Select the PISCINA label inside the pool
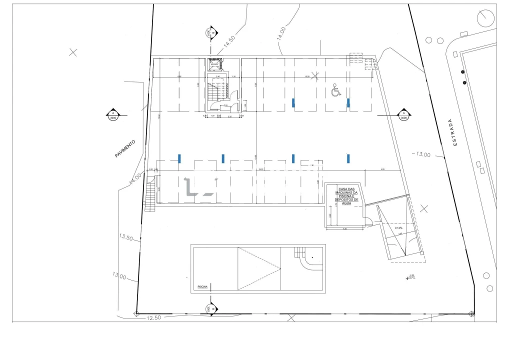pyautogui.click(x=202, y=287)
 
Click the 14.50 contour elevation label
pyautogui.click(x=229, y=42)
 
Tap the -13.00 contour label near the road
pyautogui.click(x=421, y=154)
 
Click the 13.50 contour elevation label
pyautogui.click(x=125, y=237)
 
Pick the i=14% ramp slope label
pyautogui.click(x=398, y=228)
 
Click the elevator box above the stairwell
pyautogui.click(x=215, y=64)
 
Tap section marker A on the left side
pyautogui.click(x=112, y=114)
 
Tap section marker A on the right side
pyautogui.click(x=403, y=114)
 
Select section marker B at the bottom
pyautogui.click(x=210, y=308)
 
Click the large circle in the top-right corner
pyautogui.click(x=485, y=18)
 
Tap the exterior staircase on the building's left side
pyautogui.click(x=150, y=196)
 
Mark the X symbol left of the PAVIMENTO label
pyautogui.click(x=73, y=52)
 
